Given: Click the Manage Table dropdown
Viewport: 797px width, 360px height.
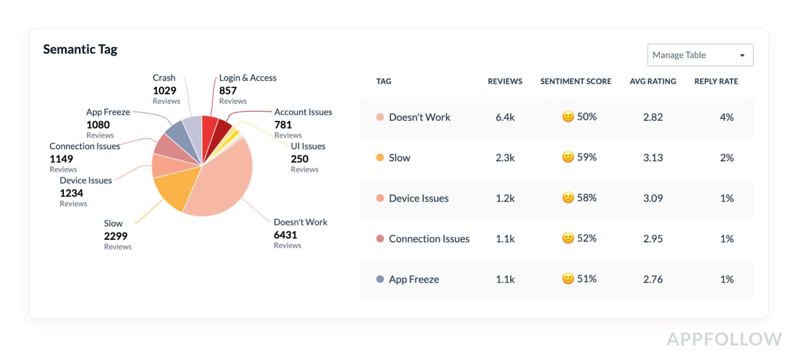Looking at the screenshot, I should pos(700,55).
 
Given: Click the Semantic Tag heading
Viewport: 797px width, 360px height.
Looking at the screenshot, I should pos(80,50).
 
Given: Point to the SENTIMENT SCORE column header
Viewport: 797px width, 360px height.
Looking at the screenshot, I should pos(576,81).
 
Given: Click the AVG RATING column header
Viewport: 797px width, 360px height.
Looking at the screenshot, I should pos(652,81).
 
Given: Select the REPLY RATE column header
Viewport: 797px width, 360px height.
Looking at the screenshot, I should pos(716,81).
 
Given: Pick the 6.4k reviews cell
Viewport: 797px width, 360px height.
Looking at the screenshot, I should pos(505,117).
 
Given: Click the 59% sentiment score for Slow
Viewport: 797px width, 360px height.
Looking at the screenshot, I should pos(580,157).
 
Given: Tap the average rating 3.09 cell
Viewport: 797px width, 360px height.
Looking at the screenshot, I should pos(653,198).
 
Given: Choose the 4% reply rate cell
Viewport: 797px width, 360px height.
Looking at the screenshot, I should pos(726,117).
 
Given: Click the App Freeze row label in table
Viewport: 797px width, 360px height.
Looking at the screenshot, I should pos(413,279).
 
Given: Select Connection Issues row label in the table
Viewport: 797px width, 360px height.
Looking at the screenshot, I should pos(429,239).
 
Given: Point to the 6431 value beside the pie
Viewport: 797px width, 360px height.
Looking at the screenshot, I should pos(285,235).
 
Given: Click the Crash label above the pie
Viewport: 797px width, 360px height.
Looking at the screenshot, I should pos(164,78).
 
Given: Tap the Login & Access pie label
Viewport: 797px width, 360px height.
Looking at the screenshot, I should pos(248,78).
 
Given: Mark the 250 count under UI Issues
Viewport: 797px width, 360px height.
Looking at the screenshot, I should pos(299,159).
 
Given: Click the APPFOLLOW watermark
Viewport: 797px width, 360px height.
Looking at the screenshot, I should pos(724,339).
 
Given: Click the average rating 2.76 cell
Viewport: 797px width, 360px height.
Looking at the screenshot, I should pos(653,279).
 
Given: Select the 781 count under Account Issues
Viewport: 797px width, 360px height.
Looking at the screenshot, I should pos(283,125).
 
